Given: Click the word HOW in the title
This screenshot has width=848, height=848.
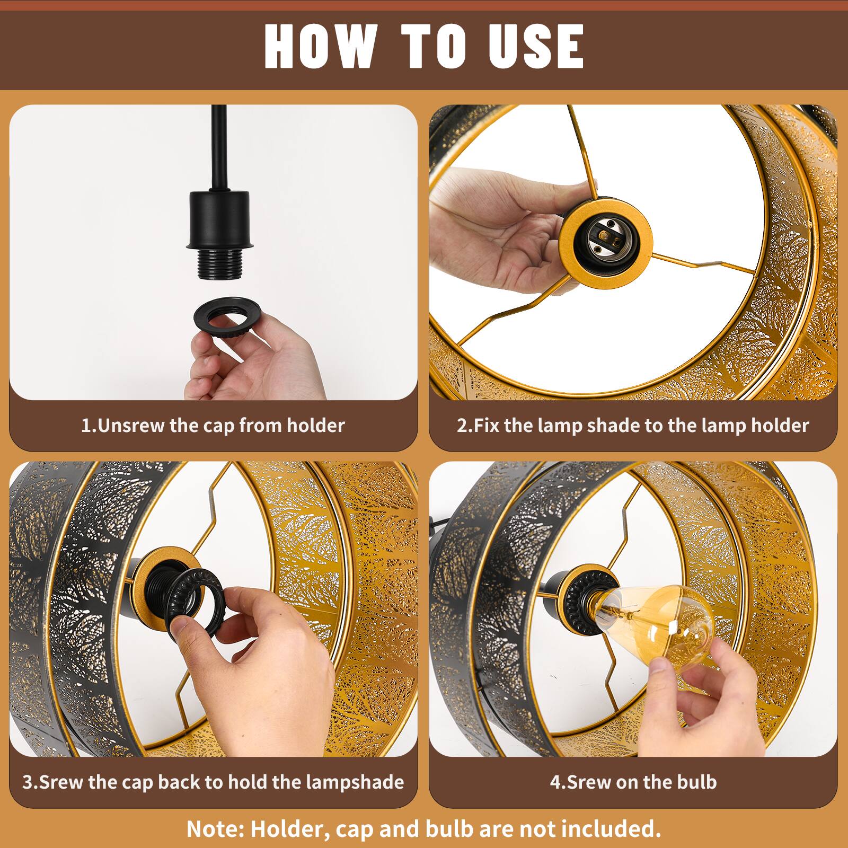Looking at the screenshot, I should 319,46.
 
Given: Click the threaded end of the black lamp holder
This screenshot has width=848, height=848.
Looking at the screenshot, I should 218,265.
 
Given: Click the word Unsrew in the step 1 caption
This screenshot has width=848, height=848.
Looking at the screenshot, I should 131,426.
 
